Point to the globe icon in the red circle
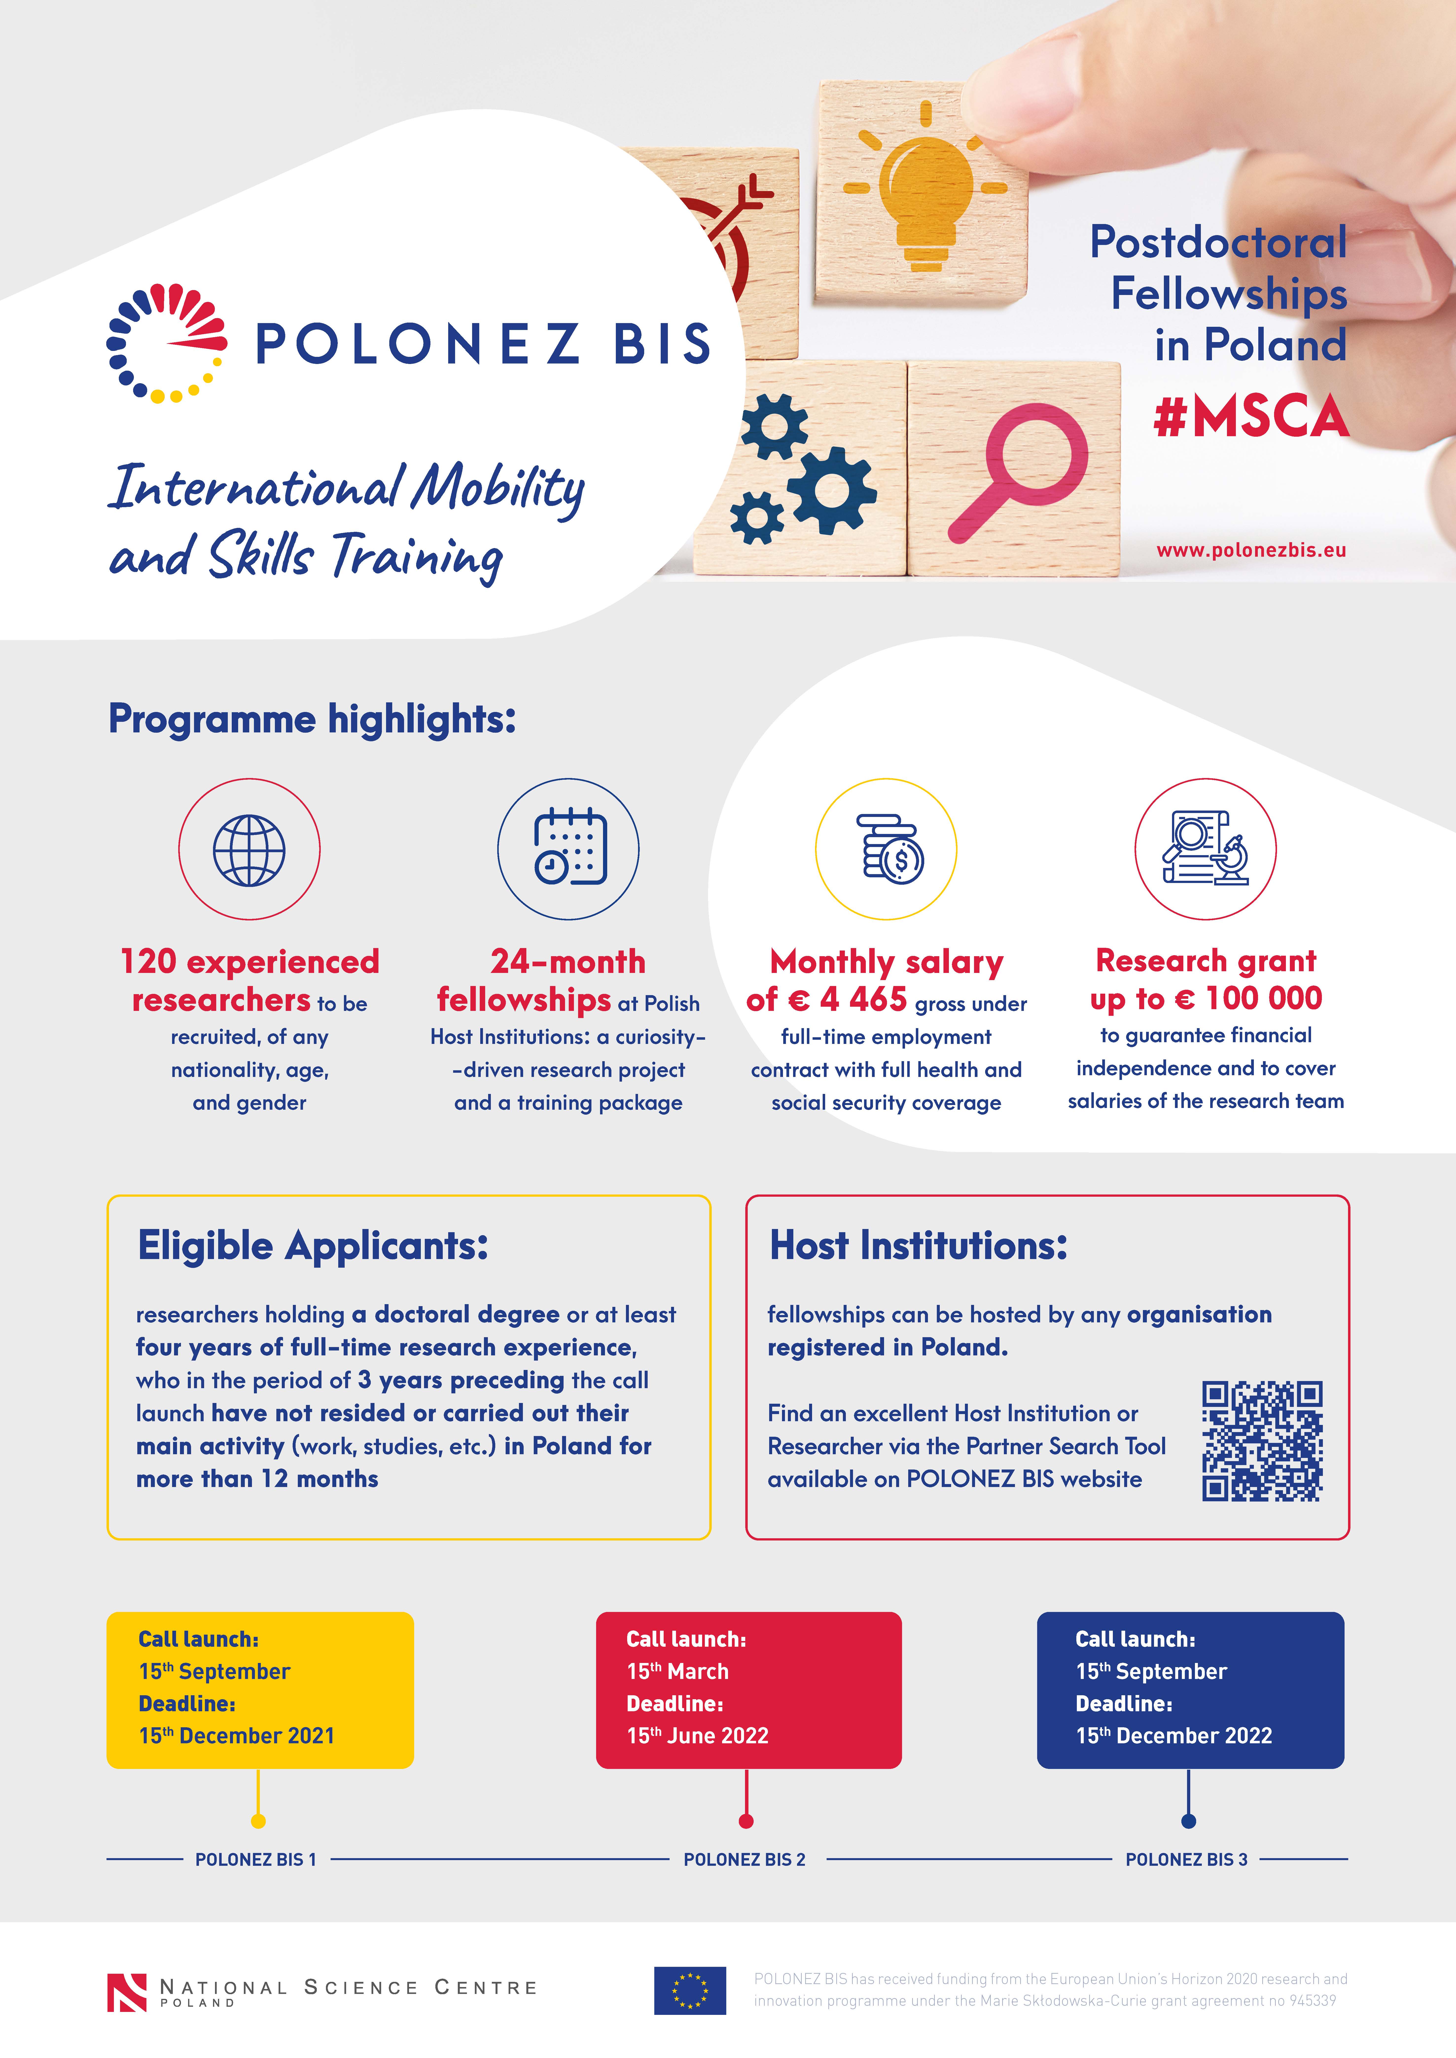tap(249, 850)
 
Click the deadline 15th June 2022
tap(697, 1736)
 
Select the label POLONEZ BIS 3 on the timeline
tap(1186, 1860)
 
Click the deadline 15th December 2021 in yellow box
tap(237, 1736)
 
